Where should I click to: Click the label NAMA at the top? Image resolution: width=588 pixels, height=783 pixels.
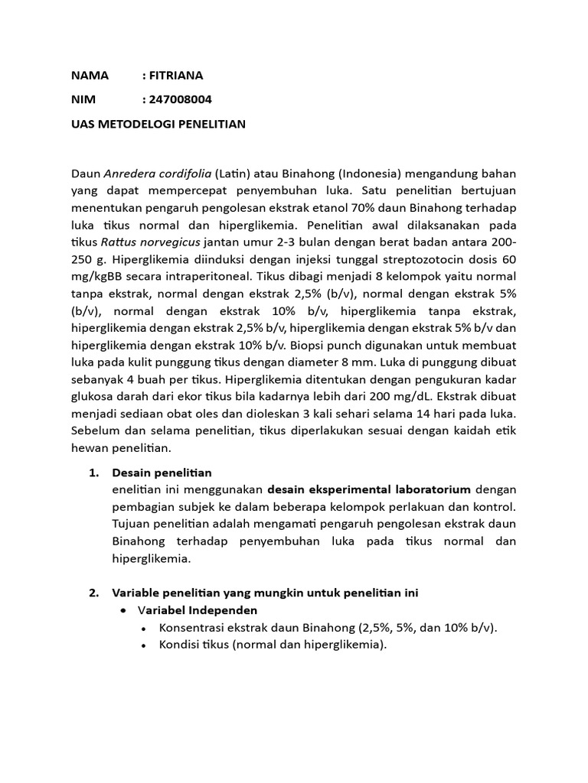tap(90, 75)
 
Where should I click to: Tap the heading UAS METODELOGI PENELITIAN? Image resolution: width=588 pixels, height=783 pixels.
tap(158, 124)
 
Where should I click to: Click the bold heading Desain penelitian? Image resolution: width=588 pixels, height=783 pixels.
tap(162, 473)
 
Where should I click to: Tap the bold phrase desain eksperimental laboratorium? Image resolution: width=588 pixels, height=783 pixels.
tap(369, 489)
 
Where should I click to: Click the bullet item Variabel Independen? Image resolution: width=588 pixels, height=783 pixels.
tap(198, 610)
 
